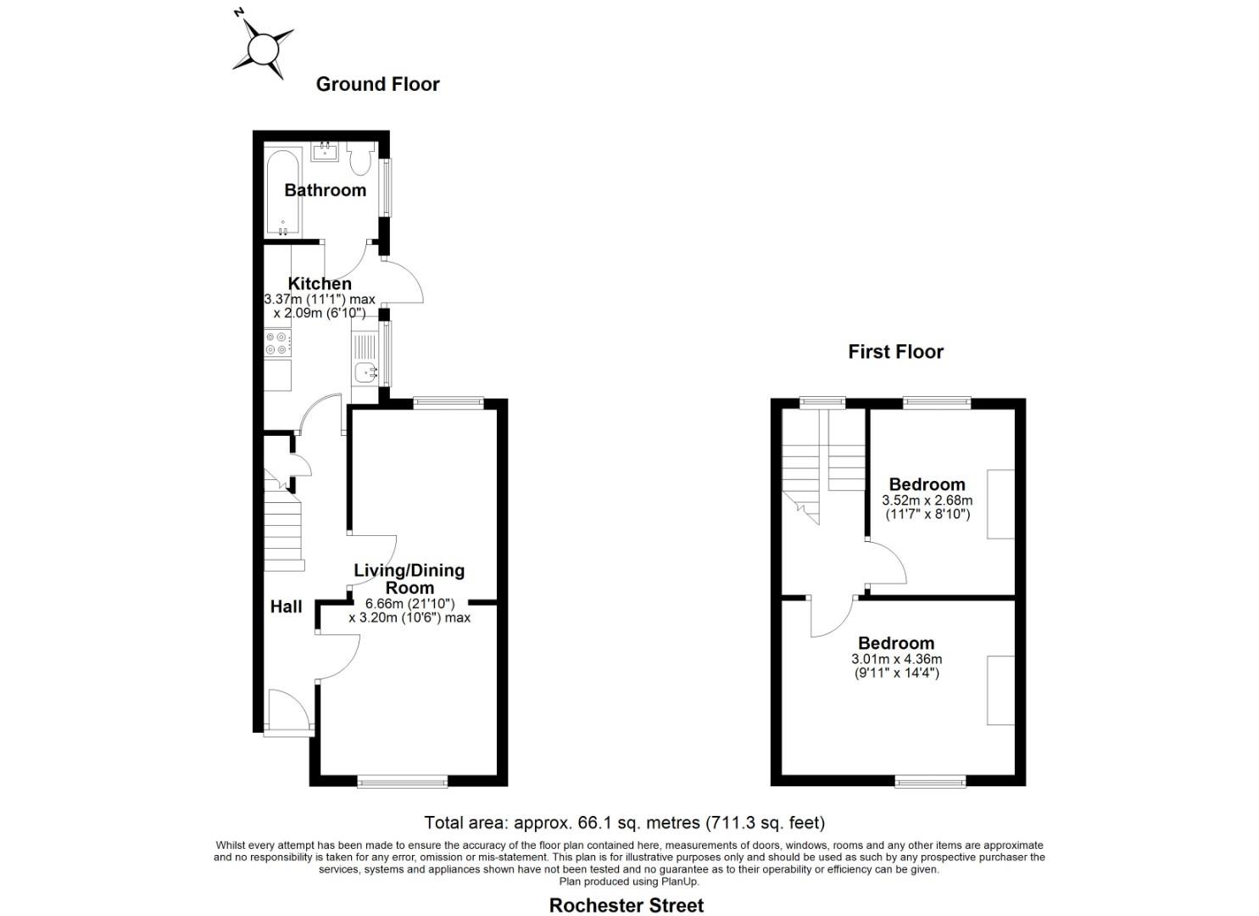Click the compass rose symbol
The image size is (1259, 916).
[x=263, y=44]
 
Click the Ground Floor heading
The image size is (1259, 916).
[x=377, y=84]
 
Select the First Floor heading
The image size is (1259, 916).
[x=895, y=352]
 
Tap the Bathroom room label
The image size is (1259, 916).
[x=325, y=190]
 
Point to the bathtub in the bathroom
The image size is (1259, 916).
[x=282, y=193]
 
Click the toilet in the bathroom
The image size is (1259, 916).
[x=361, y=158]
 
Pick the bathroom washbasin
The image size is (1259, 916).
[x=325, y=152]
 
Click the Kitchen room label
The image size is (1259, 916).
[x=320, y=283]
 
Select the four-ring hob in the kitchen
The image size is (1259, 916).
[x=278, y=343]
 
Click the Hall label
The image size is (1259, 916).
[x=286, y=606]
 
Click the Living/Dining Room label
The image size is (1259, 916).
[x=409, y=578]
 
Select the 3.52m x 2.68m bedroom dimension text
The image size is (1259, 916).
[x=927, y=507]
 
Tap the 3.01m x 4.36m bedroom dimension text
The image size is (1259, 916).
[x=896, y=666]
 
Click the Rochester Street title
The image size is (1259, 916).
[x=626, y=905]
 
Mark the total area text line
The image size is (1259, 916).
[x=624, y=822]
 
